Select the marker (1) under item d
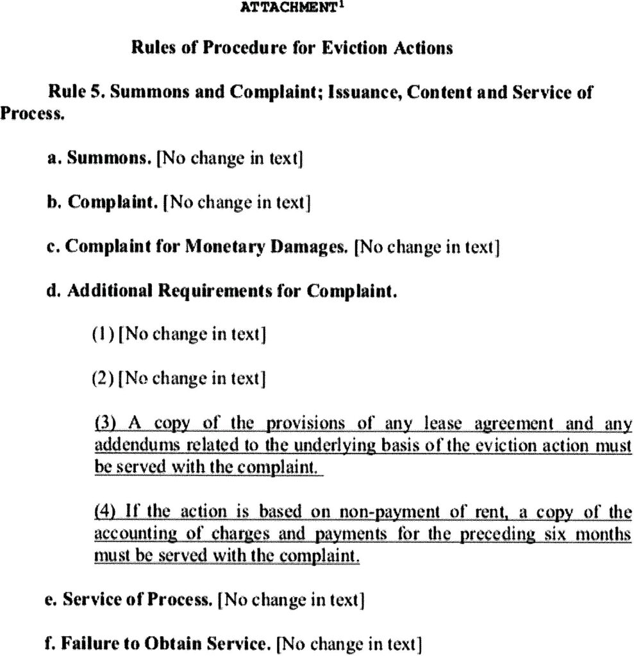pyautogui.click(x=104, y=334)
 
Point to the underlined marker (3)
pyautogui.click(x=104, y=423)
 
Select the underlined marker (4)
pyautogui.click(x=104, y=512)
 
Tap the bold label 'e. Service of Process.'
pyautogui.click(x=128, y=600)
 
